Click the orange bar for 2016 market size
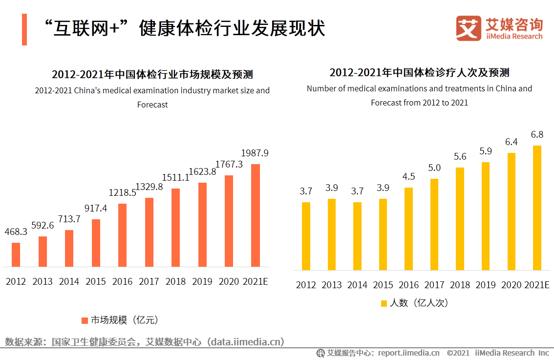pos(123,235)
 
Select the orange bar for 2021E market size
pos(255,215)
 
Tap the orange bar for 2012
pos(16,254)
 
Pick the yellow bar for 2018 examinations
pos(460,219)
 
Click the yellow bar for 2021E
pos(537,208)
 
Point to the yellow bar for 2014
pos(357,236)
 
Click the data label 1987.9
pos(255,153)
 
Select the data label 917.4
pos(96,208)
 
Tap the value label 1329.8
pos(149,187)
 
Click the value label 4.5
pos(408,176)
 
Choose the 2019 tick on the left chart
pos(202,282)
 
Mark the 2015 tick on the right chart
pos(383,285)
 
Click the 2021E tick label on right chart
pos(537,285)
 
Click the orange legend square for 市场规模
pos(85,320)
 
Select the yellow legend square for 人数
pos(384,303)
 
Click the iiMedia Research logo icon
pos(469,28)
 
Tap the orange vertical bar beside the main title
pos(24,29)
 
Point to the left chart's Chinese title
pos(152,75)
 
